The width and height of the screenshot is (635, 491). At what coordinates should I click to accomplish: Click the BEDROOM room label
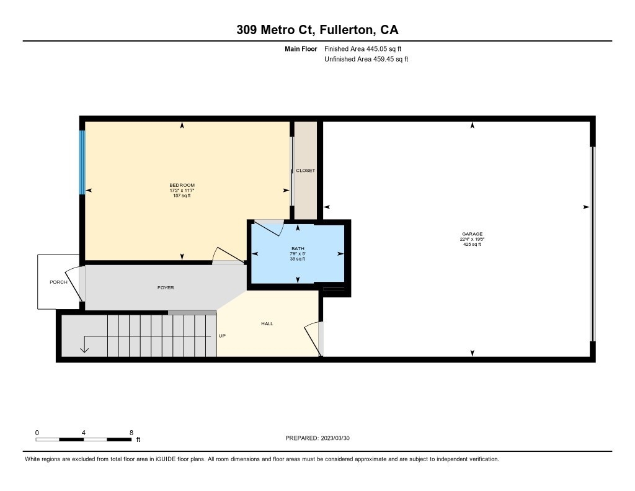[x=182, y=186]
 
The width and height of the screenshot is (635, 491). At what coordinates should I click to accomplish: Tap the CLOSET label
[x=305, y=171]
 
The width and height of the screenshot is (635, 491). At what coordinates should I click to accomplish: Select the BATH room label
[x=298, y=248]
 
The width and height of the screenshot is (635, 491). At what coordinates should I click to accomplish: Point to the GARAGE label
[x=472, y=234]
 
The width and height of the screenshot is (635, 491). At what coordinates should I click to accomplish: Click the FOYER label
[x=166, y=287]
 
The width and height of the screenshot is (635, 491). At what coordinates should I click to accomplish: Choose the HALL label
[x=267, y=323]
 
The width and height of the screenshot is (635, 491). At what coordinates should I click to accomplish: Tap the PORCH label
[x=58, y=282]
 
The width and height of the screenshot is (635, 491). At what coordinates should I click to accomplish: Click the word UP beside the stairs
[x=222, y=336]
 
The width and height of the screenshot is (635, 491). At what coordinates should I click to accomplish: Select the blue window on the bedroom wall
[x=82, y=162]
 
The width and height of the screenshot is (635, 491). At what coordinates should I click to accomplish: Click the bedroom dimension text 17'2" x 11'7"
[x=182, y=190]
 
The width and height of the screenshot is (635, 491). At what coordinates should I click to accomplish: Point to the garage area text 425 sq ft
[x=472, y=244]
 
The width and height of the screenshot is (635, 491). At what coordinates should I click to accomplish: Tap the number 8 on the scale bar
[x=131, y=433]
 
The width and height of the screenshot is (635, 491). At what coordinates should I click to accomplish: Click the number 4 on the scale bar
[x=84, y=433]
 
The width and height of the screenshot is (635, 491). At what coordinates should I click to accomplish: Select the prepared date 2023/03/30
[x=335, y=438]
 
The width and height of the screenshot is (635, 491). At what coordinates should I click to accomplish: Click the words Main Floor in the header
[x=301, y=48]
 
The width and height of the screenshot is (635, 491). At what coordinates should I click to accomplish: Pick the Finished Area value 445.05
[x=376, y=48]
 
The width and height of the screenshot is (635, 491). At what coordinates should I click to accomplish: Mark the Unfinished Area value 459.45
[x=383, y=59]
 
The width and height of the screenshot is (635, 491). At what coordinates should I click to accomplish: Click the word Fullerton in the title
[x=347, y=30]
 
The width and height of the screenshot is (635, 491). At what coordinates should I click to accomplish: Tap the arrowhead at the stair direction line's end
[x=84, y=349]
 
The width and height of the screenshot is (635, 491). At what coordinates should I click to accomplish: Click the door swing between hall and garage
[x=311, y=338]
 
